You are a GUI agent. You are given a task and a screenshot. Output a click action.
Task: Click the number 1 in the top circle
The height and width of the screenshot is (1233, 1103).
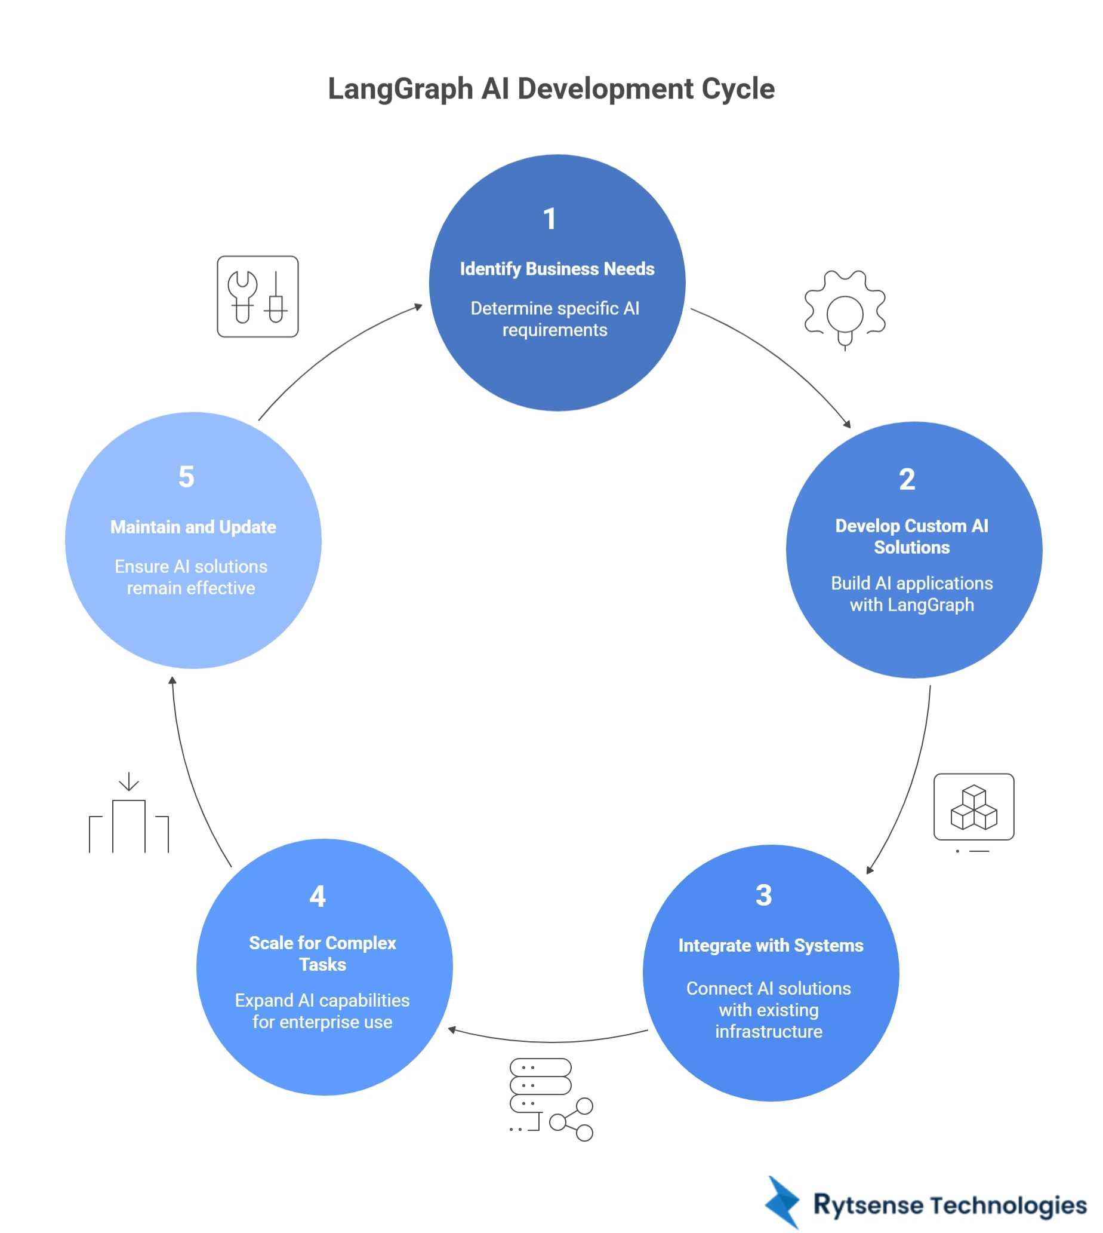click(550, 219)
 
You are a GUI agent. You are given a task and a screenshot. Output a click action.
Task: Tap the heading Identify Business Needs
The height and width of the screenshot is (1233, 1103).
click(557, 269)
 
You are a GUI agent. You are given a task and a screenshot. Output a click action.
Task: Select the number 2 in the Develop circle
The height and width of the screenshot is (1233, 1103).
click(907, 479)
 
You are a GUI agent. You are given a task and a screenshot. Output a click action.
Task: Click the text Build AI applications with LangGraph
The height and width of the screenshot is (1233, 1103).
click(911, 594)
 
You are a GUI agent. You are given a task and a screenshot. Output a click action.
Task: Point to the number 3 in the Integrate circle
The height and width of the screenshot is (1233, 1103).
click(763, 895)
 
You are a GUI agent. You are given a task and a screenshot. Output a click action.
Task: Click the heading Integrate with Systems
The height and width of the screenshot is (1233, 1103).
click(771, 946)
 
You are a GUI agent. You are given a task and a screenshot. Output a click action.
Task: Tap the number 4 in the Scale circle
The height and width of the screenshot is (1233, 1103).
click(318, 897)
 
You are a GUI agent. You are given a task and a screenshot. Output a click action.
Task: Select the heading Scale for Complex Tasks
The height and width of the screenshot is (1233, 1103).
click(322, 953)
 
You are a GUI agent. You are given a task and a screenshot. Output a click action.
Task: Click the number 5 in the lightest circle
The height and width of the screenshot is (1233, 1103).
click(186, 477)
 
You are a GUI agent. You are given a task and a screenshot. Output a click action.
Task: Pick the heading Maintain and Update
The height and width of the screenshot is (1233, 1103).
click(193, 527)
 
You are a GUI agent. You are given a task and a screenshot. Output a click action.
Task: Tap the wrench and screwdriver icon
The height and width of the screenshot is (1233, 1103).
click(258, 296)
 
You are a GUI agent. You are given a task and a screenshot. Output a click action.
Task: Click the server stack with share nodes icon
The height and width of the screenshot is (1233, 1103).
click(550, 1099)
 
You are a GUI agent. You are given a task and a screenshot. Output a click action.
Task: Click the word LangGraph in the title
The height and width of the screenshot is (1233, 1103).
click(400, 88)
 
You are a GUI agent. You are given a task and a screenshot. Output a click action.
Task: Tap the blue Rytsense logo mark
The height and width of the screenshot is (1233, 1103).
click(782, 1202)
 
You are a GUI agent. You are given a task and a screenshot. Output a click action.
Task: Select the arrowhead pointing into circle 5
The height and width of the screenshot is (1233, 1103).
click(172, 681)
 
